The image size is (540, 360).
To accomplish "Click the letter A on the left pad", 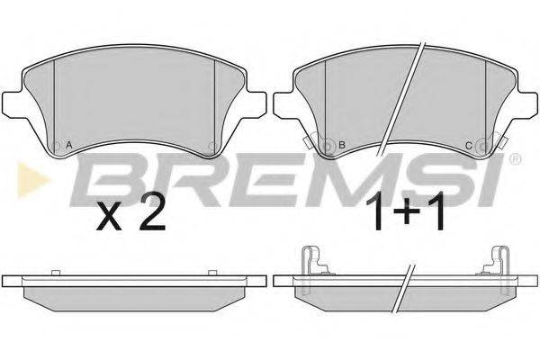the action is [x=69, y=145].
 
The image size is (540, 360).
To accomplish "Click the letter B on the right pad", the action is [x=342, y=145].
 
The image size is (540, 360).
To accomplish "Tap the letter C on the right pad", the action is [x=468, y=146].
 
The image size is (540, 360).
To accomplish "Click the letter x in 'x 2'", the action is [x=109, y=218].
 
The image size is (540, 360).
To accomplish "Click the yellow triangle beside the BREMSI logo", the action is [x=32, y=179].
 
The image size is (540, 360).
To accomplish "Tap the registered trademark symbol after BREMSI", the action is [x=516, y=159].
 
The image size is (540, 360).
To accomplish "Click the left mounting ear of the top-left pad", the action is [x=12, y=103].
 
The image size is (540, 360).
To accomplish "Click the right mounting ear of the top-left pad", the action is [x=256, y=103].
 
